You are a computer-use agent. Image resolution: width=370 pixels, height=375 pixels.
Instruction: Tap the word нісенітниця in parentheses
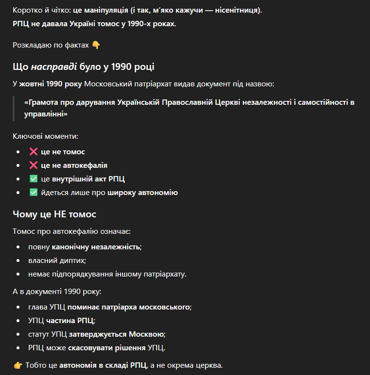pos(238,10)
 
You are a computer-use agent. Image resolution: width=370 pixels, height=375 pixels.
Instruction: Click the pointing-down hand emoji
pos(96,45)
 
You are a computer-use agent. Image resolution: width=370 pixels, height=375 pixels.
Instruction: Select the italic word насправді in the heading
pos(52,66)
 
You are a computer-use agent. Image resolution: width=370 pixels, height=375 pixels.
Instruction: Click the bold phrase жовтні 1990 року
pos(51,84)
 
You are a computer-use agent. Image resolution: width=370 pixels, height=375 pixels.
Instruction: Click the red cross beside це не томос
pos(34,152)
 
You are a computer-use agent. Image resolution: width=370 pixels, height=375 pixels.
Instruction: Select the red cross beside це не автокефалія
pos(34,165)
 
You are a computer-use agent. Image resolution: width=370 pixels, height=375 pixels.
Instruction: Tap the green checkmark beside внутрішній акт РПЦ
pos(34,179)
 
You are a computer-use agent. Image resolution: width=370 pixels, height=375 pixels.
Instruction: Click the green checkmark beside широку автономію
pos(34,193)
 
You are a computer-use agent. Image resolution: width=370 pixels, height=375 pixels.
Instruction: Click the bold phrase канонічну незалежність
pos(96,247)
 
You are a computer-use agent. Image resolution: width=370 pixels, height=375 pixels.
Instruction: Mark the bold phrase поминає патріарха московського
pos(129,307)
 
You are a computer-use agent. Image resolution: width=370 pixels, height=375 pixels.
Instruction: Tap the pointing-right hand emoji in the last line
pos(18,365)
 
